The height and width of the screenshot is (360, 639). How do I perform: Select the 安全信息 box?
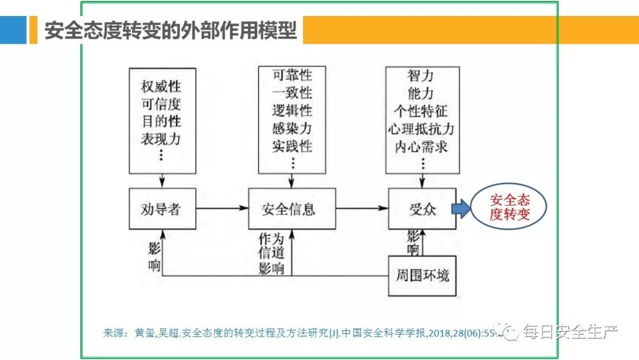(x=292, y=209)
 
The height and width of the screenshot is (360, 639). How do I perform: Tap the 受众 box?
(x=422, y=209)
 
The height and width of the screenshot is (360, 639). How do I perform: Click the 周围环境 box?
(x=422, y=275)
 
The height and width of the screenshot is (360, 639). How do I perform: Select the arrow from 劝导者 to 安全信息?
(x=222, y=208)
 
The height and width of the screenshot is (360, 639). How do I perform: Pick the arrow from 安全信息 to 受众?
(x=362, y=208)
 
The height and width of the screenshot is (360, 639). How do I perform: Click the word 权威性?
(x=161, y=87)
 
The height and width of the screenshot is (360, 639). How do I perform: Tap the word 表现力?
(x=161, y=139)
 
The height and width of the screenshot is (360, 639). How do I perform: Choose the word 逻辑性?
(x=292, y=111)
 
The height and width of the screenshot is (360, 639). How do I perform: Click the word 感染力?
(x=292, y=128)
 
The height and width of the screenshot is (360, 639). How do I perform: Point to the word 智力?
(x=421, y=76)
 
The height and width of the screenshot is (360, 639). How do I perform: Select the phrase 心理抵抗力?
(x=421, y=128)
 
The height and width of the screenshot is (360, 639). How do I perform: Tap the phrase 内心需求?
(x=421, y=146)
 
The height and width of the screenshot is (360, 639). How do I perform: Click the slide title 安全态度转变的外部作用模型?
(x=170, y=30)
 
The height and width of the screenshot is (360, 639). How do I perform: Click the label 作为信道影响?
(x=272, y=254)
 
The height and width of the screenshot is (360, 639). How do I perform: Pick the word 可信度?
(x=161, y=105)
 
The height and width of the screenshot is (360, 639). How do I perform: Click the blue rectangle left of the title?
(x=13, y=30)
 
